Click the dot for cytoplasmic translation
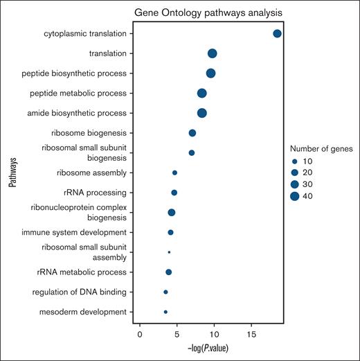coord(277,33)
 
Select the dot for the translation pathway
coord(213,53)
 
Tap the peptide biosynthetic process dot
coord(210,73)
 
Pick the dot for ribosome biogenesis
coord(192,133)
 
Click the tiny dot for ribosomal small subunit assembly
coord(169,252)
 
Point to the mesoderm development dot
coord(165,312)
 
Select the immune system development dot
coord(170,232)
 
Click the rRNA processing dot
coord(174,193)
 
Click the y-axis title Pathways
coord(12,173)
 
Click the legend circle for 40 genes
coord(294,196)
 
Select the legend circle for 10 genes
coord(294,160)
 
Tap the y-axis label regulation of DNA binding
coord(83,292)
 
